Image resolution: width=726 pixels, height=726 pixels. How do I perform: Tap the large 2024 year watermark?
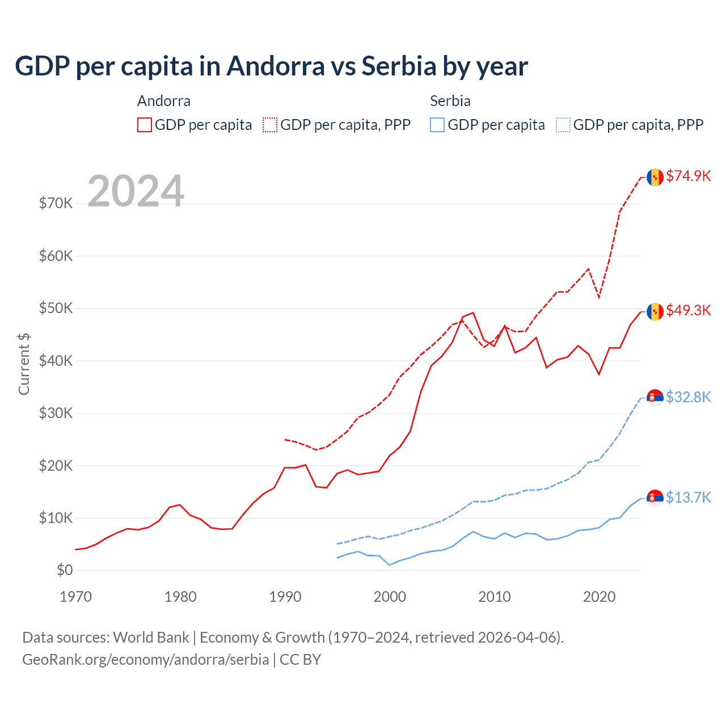pos(136,191)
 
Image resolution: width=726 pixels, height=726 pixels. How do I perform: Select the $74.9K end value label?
pos(688,176)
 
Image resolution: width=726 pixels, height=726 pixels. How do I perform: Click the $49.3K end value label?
pos(688,310)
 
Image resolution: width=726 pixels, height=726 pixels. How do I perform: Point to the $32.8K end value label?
pos(688,397)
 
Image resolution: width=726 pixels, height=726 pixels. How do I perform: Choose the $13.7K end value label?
pos(688,497)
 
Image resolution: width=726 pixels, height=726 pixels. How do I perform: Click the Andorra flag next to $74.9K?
pos(655,177)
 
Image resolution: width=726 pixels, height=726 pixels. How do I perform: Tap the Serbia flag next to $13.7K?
pos(655,497)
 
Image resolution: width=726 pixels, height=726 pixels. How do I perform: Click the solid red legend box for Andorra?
pos(145,125)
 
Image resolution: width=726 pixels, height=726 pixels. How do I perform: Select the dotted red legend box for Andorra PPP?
pos(270,125)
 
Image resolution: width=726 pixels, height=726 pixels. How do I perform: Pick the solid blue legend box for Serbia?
pos(437,125)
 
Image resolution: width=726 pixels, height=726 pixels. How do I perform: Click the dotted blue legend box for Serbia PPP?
pos(563,125)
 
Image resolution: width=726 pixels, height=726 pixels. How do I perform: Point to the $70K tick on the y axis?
pos(56,203)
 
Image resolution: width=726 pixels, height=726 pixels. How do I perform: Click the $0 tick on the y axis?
pos(65,570)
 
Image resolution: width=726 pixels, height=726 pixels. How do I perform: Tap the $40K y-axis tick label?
pos(56,361)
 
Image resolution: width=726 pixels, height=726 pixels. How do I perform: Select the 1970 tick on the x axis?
pos(75,597)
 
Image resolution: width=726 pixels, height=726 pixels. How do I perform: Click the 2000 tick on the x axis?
pos(390,597)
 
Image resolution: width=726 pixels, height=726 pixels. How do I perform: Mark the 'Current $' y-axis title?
pos(24,364)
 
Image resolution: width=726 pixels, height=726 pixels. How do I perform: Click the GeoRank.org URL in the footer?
pos(145,660)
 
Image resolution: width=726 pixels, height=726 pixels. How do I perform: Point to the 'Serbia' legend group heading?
pos(450,101)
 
